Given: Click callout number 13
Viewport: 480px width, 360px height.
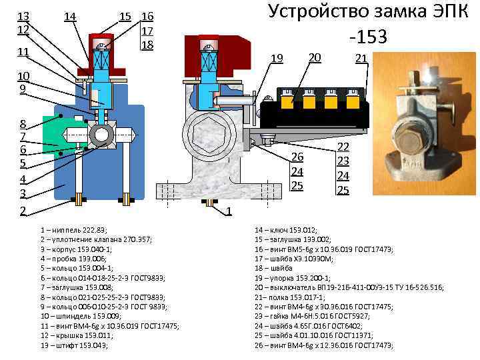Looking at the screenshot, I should click(23, 16).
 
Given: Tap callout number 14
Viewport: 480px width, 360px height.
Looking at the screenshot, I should click(70, 16).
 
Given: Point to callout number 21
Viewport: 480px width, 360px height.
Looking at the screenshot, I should click(361, 59).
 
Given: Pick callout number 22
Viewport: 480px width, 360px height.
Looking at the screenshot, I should click(343, 147).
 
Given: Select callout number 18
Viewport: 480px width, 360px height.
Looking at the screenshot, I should click(147, 45).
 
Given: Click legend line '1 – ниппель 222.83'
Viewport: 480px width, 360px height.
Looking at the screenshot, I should click(73, 229).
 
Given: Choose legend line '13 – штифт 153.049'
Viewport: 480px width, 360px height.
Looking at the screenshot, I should click(73, 345).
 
